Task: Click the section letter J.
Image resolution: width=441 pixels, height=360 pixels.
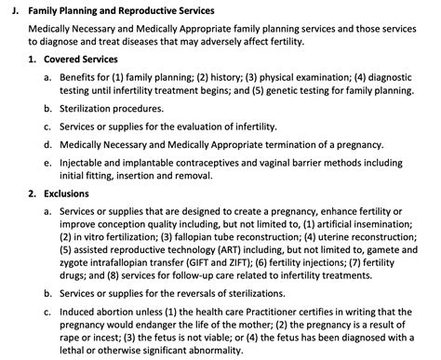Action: click(10, 9)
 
